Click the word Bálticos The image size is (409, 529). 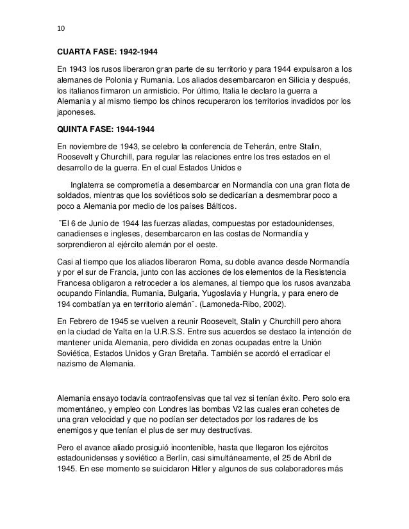(218, 206)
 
